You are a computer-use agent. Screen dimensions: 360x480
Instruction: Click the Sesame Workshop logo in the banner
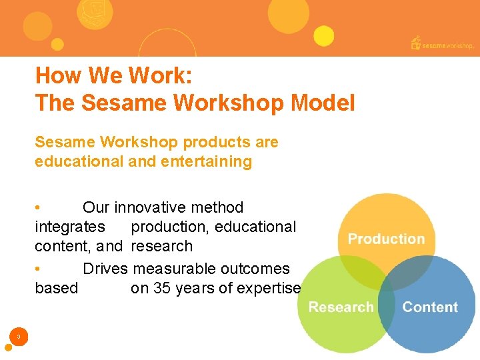[443, 43]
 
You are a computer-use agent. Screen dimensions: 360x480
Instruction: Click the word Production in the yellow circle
[386, 239]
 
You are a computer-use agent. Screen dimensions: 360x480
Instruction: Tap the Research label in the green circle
[341, 307]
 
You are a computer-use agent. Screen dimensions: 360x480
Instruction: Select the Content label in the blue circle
[430, 307]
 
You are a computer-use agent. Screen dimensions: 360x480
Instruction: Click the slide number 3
[19, 337]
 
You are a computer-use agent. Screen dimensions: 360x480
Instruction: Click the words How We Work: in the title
[114, 75]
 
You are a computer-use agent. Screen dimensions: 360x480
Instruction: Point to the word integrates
[69, 227]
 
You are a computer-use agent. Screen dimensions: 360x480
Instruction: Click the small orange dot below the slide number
[9, 347]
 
